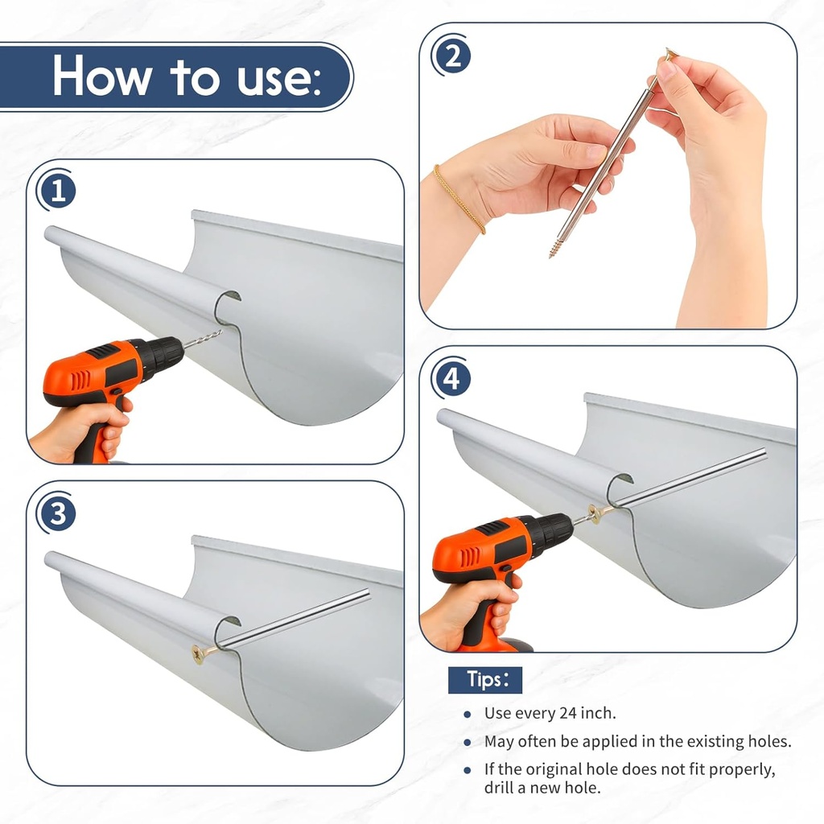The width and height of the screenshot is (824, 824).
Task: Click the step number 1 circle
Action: [x=57, y=190]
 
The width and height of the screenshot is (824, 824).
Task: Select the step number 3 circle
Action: [x=57, y=513]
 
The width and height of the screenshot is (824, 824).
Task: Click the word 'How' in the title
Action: [x=101, y=76]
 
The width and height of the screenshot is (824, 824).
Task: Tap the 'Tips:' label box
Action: [x=485, y=680]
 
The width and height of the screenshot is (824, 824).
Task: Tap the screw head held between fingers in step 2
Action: [x=670, y=53]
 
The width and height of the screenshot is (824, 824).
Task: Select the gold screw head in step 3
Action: [x=199, y=654]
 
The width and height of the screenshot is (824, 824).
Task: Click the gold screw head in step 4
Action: [x=595, y=514]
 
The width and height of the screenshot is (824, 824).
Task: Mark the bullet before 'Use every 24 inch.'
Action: [x=468, y=715]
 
